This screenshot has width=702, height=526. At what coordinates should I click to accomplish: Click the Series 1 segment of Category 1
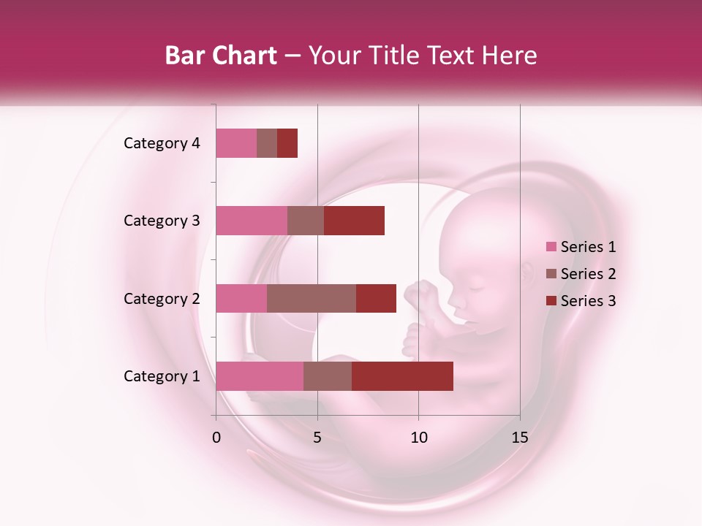pos(260,376)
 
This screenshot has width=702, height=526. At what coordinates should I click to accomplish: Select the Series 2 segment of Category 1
pos(328,376)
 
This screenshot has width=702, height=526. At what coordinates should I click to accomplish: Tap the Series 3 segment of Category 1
pos(402,376)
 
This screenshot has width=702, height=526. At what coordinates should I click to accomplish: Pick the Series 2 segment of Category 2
pos(312,298)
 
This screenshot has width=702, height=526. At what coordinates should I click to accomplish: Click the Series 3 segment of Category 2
pos(376,298)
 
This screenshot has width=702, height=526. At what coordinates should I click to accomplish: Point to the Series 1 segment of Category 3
pos(252,221)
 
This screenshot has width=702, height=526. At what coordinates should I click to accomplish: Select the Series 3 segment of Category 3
pos(354,221)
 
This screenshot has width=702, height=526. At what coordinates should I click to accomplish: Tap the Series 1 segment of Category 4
pos(236,143)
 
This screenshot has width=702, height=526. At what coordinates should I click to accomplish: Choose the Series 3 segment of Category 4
pos(287,143)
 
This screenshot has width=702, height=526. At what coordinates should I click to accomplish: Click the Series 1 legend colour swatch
pos(551,247)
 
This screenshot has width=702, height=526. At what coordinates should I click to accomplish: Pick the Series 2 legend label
pos(588,274)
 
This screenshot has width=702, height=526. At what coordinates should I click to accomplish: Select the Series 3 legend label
pos(588,301)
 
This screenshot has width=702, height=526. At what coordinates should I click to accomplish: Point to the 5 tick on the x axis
pos(317,438)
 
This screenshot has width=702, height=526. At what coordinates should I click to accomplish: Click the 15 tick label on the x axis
pos(519,438)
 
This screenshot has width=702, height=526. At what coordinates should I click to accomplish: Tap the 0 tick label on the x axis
pos(216,438)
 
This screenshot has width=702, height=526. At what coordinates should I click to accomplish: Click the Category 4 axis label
pos(162,143)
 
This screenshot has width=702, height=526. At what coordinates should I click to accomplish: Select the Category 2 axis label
pos(162,299)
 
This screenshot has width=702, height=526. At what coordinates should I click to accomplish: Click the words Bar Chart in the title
pos(221,56)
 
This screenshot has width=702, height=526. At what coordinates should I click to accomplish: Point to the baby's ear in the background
pos(529,272)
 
